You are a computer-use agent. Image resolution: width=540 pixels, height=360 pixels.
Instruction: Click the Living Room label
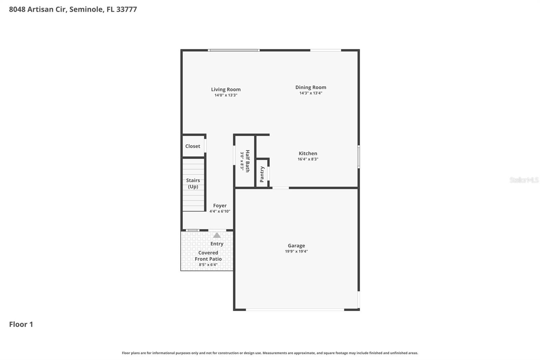[x=226, y=89]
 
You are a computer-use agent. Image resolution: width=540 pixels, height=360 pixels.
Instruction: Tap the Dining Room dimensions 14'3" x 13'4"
[x=310, y=93]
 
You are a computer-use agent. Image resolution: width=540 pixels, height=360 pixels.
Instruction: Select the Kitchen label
[x=308, y=153]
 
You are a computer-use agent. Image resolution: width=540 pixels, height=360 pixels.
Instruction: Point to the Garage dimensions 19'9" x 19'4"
[x=296, y=251]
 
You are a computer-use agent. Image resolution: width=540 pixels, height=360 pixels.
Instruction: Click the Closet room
[x=193, y=146]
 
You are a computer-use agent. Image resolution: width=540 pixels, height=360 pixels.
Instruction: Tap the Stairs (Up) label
[x=193, y=183]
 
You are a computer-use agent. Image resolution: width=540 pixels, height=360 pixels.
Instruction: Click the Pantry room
[x=262, y=174]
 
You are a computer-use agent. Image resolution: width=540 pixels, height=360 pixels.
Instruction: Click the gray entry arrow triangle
[x=217, y=235]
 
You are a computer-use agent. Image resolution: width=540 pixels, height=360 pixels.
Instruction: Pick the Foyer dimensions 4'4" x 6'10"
[x=220, y=211]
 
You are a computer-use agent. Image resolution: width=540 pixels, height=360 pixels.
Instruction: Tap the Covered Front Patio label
[x=208, y=256]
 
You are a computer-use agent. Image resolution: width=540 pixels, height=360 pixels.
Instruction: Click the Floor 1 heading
[x=21, y=324]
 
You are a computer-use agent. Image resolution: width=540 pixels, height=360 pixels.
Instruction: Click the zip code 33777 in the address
[x=127, y=9]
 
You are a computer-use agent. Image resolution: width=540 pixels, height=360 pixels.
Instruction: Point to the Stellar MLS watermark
[x=524, y=180]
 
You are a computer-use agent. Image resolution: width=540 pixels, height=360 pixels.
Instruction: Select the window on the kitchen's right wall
[x=358, y=157]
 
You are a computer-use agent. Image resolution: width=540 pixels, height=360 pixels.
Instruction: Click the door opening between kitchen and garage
[x=280, y=188]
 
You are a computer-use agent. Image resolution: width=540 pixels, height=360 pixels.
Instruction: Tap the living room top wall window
[x=234, y=50]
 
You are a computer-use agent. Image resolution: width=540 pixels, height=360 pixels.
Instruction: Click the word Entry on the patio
[x=217, y=244]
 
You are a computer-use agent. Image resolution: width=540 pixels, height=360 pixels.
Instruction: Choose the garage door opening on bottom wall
[x=295, y=309]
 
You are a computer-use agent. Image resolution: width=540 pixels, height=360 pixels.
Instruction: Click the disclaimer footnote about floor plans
[x=270, y=353]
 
